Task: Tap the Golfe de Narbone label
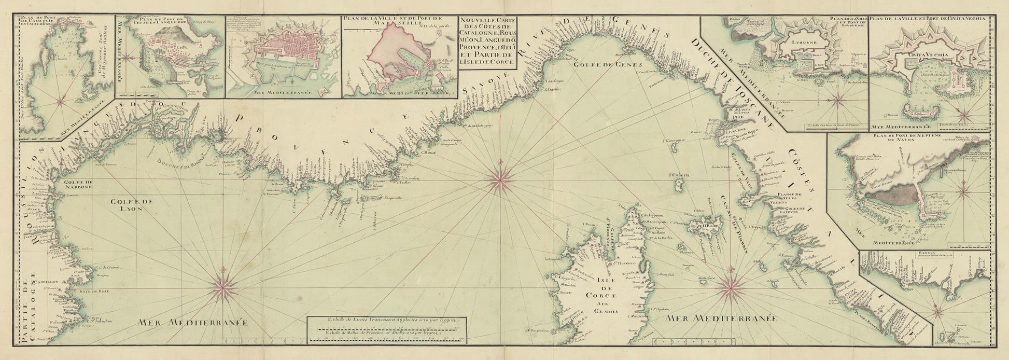[78, 185]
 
